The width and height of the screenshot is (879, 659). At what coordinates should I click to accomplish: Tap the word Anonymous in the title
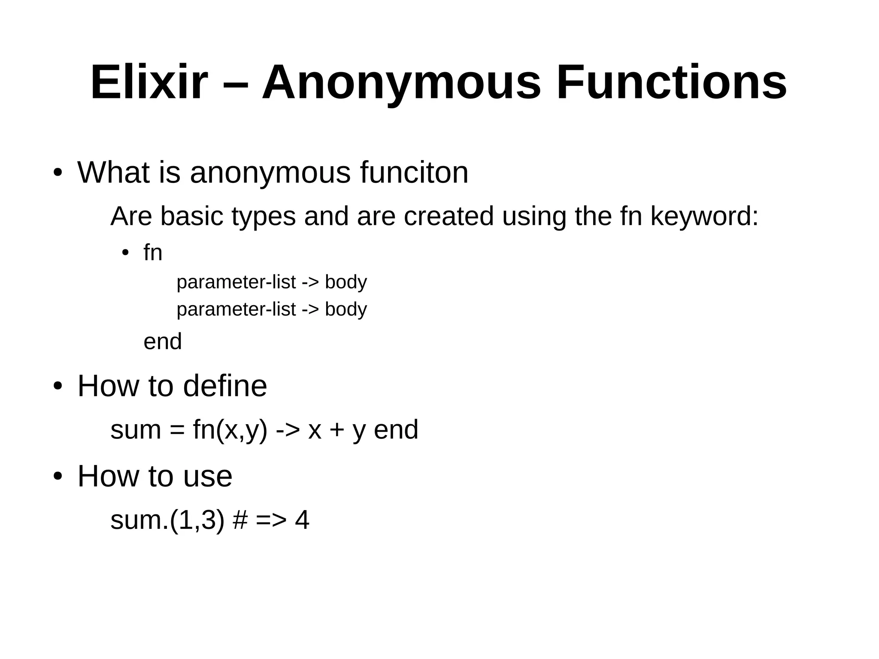pyautogui.click(x=401, y=82)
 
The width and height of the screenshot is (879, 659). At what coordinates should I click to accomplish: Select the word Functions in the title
pyautogui.click(x=672, y=82)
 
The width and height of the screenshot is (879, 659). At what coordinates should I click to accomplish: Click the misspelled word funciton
pyautogui.click(x=414, y=173)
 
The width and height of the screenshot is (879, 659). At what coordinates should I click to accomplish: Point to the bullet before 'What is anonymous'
pyautogui.click(x=58, y=173)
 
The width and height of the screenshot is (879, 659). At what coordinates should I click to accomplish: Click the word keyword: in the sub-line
pyautogui.click(x=704, y=216)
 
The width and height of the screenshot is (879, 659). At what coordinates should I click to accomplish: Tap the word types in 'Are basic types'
pyautogui.click(x=264, y=216)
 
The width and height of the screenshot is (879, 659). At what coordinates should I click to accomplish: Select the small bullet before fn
pyautogui.click(x=125, y=252)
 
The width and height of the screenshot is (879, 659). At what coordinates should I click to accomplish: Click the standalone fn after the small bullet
pyautogui.click(x=153, y=252)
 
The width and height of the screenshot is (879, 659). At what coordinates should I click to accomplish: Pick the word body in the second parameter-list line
pyautogui.click(x=346, y=309)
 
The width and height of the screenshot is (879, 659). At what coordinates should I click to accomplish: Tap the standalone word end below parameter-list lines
pyautogui.click(x=163, y=342)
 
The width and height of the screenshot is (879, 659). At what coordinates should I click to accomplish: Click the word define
pyautogui.click(x=225, y=386)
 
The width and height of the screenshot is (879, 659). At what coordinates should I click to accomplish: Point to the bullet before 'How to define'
pyautogui.click(x=58, y=386)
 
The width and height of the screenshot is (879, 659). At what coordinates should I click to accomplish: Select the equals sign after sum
pyautogui.click(x=176, y=430)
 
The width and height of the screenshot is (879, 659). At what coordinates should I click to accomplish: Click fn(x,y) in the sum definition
pyautogui.click(x=230, y=430)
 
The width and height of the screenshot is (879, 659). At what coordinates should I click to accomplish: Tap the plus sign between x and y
pyautogui.click(x=337, y=430)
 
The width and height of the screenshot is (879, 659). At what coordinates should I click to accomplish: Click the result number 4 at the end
pyautogui.click(x=302, y=520)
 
